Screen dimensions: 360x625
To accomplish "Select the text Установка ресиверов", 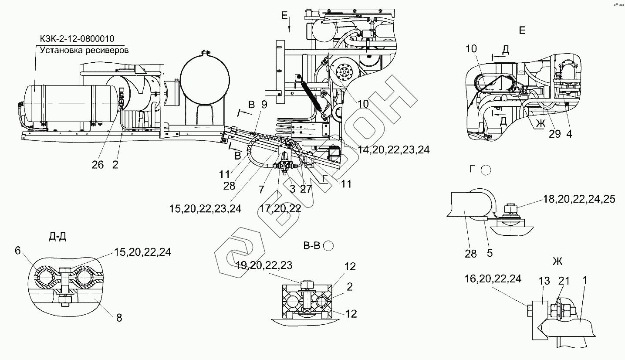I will (84, 50).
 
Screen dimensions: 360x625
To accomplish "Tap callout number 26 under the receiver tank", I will (98, 164).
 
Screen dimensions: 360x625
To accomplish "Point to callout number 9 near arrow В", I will (264, 104).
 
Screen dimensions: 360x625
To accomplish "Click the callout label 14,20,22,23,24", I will (394, 149).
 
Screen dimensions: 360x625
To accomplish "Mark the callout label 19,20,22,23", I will (264, 265).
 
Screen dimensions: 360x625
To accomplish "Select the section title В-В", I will (311, 246).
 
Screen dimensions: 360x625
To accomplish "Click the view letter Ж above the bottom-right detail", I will (557, 262).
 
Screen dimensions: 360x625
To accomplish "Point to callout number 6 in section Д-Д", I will (17, 250).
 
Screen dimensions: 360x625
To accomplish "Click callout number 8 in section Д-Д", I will (119, 318).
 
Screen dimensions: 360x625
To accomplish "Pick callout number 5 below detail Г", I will (490, 253).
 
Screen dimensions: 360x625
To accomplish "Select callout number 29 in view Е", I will (554, 134).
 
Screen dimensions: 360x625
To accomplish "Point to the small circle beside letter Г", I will (486, 170).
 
